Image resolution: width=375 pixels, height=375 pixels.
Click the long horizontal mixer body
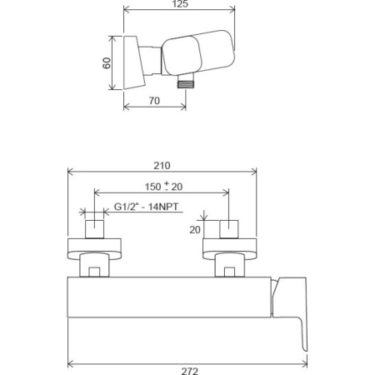167,300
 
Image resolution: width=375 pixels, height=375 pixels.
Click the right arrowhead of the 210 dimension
256,171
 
